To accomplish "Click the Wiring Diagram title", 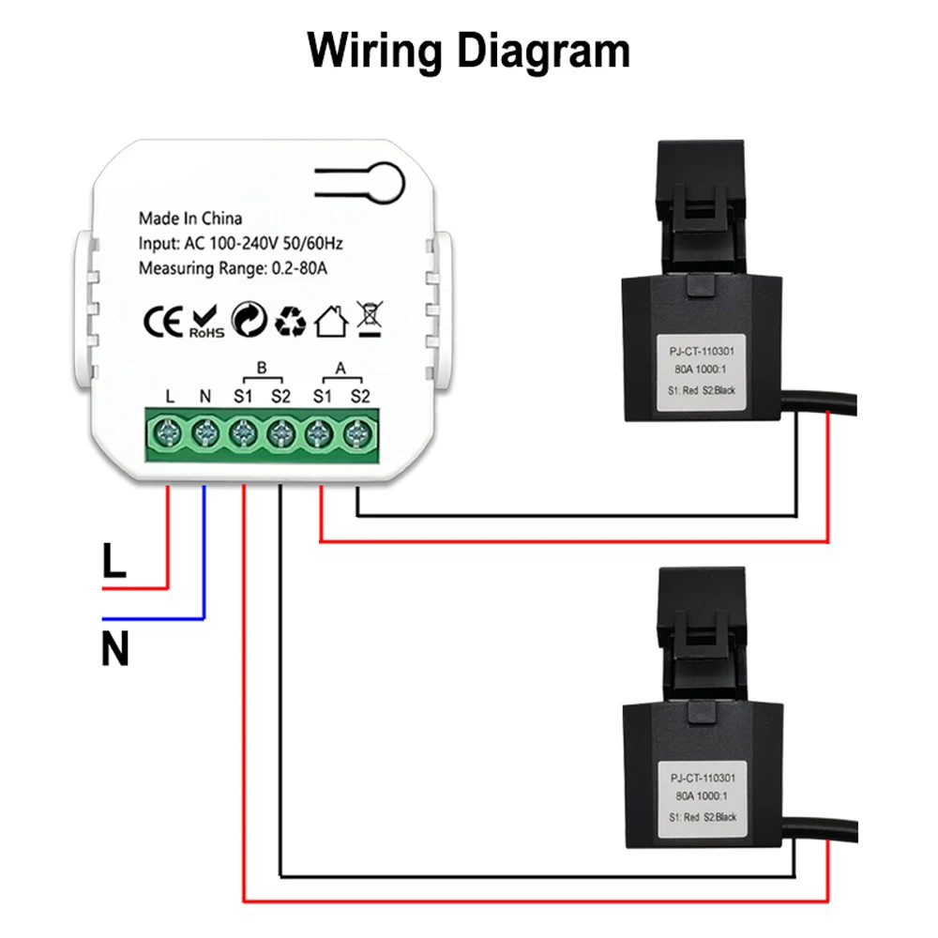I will pos(469,51).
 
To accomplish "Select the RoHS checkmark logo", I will pos(205,321).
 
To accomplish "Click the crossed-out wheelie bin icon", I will pos(369,319).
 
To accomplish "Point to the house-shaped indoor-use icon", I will pos(331,321).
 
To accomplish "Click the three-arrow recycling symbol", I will pos(290,321).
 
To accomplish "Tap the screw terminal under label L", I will pos(169,433).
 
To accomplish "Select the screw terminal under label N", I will pos(205,433).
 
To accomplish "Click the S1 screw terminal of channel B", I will pos(243,433).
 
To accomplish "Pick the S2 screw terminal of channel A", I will pos(356,433).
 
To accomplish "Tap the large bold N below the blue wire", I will pos(114,650).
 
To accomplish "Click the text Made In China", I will pos(190,219).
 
